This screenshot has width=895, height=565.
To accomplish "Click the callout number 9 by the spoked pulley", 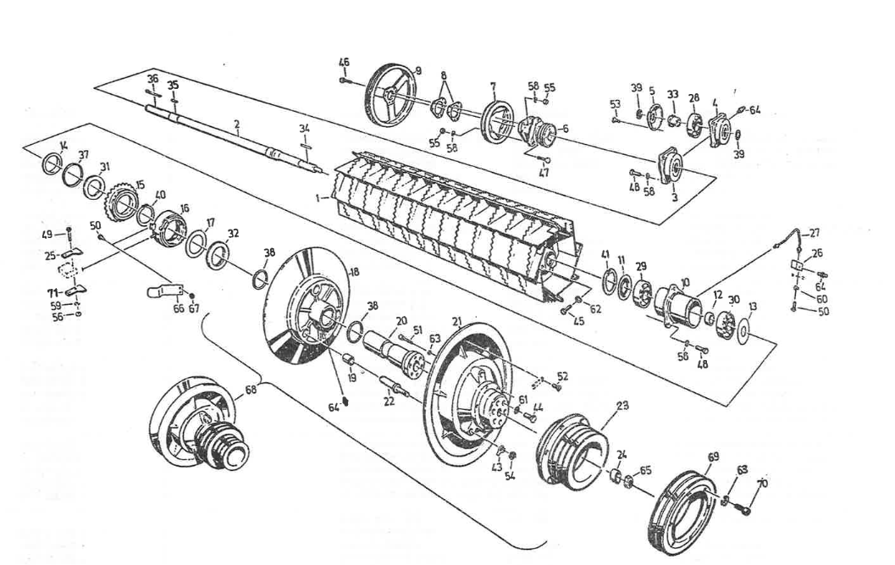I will coord(417,70).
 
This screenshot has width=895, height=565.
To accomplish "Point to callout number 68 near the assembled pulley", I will coord(250,391).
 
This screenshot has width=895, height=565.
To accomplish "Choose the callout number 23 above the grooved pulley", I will coord(622,406).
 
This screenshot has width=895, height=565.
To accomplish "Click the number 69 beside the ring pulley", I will coord(712,457).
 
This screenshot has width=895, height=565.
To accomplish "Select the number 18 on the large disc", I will coord(355,270).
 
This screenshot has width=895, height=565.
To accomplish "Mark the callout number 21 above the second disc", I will coord(456,322).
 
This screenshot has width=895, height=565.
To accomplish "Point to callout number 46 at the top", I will coord(344,62).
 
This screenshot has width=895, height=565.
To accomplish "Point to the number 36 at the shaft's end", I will coord(152,79).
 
